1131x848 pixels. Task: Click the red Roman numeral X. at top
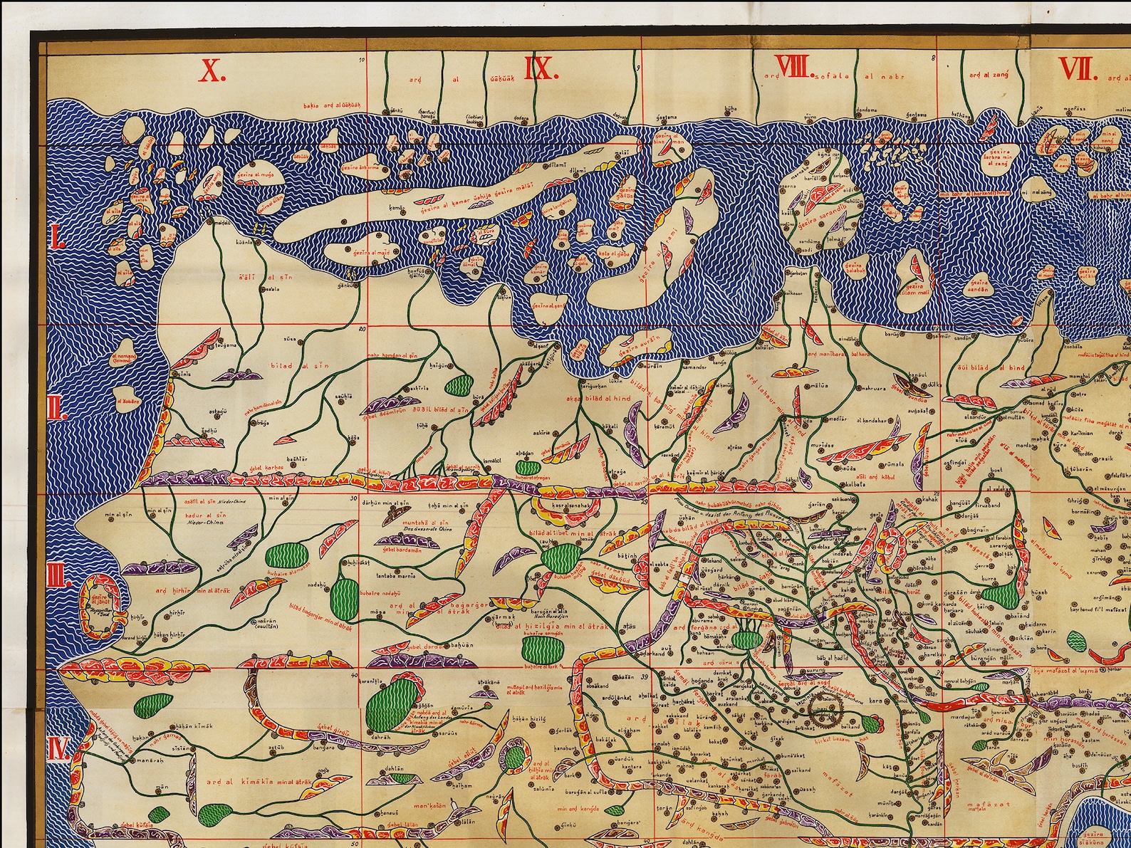[212, 70]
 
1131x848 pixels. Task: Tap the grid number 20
[362, 330]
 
